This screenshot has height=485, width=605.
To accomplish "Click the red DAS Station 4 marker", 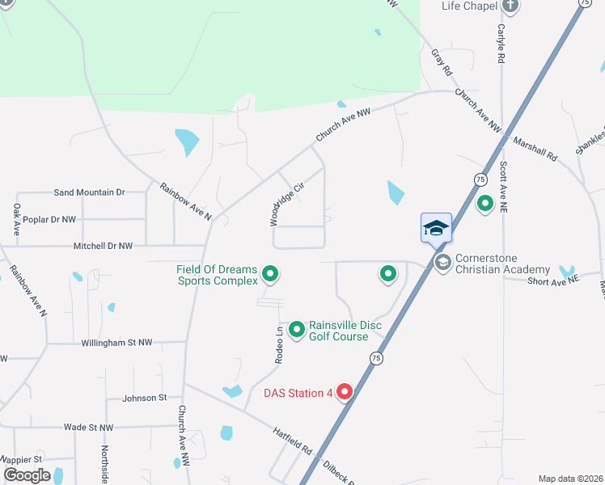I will coord(345,392).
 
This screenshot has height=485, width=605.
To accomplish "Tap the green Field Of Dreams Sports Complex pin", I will coord(271,275).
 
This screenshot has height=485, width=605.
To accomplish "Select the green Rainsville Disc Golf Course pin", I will coord(297,329).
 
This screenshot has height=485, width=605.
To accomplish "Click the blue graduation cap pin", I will coord(436,228).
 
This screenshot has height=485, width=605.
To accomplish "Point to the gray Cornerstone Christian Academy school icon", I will coord(442,262).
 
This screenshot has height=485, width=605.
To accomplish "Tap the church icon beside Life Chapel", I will coord(510,6).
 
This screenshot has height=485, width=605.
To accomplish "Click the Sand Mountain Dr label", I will coord(89,192).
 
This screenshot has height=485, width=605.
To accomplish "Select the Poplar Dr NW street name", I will coord(50,219).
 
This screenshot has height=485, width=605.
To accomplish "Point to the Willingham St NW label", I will coord(116,343).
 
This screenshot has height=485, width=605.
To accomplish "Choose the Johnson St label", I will coord(144,398).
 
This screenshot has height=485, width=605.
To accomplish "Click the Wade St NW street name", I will coord(89,427).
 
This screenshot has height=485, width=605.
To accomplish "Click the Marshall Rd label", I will coord(535,150).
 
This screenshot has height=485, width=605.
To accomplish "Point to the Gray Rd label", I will coord(442,62).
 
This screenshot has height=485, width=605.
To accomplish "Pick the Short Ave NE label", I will coord(553,280).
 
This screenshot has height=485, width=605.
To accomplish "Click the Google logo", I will coord(27,475).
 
